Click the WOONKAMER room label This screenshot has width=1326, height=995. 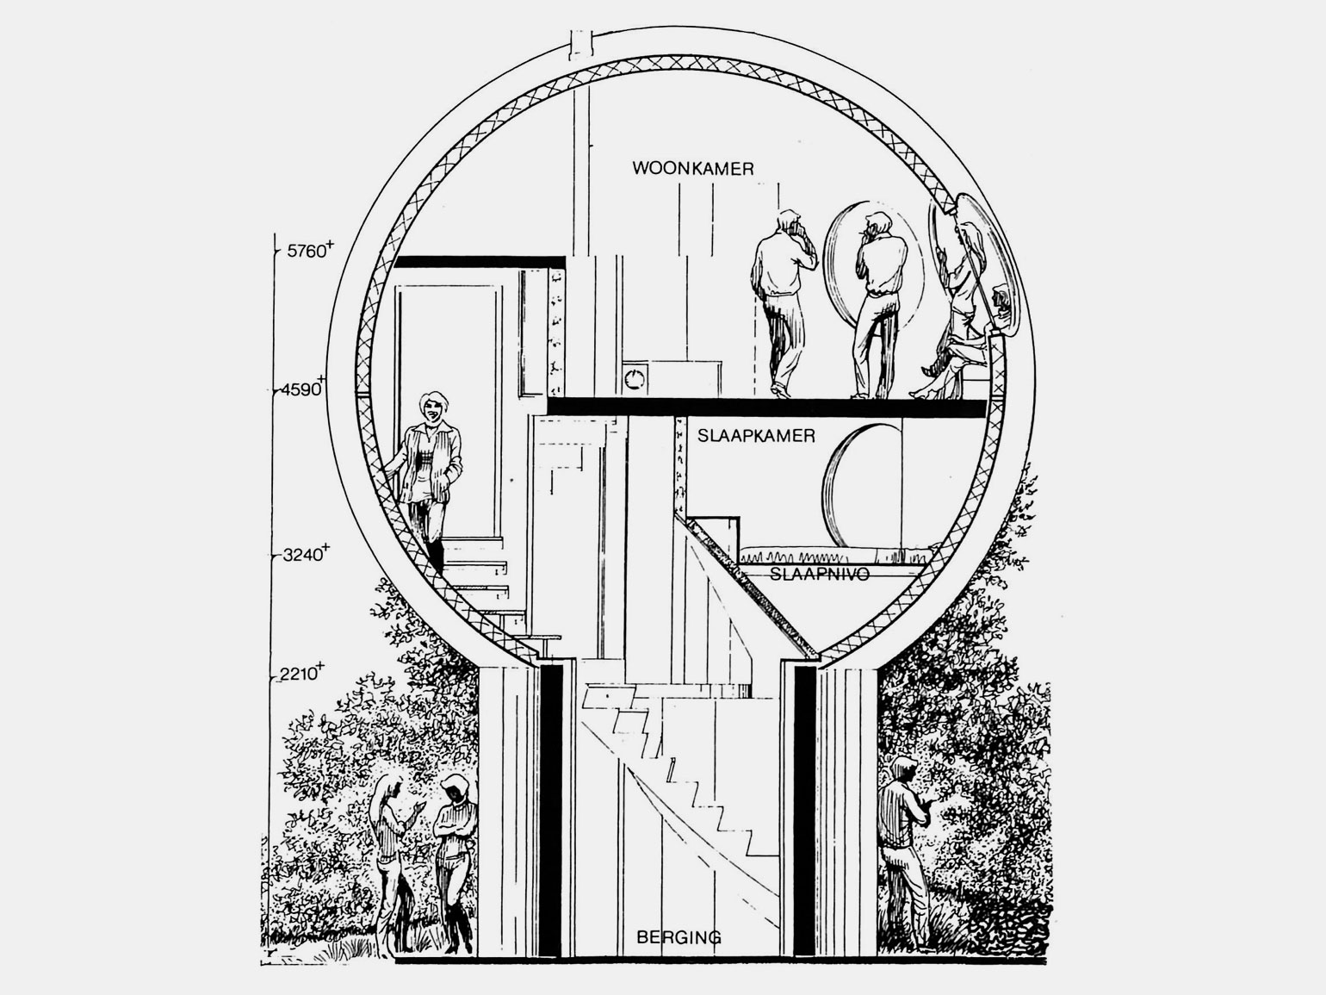tap(693, 168)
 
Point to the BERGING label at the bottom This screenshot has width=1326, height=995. tap(679, 937)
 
